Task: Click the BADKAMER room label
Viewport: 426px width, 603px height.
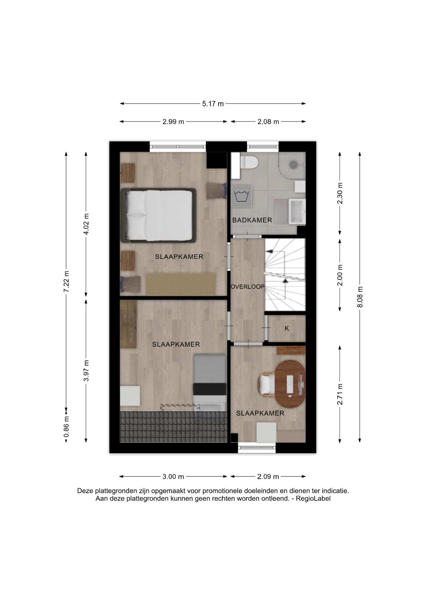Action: coord(252,220)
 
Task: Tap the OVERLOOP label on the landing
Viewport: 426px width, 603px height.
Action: coord(247,287)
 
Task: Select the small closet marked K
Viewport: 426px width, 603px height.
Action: coord(287,328)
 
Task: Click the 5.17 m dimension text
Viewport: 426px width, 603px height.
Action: coord(213,104)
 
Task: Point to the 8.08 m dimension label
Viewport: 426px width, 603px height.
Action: coord(360,297)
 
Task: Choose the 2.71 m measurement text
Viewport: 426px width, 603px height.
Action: coord(340,394)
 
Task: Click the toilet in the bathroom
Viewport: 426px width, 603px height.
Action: coord(249,162)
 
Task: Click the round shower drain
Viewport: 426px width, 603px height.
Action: coord(293,164)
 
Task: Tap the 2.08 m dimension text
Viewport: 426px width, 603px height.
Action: coord(268,122)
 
